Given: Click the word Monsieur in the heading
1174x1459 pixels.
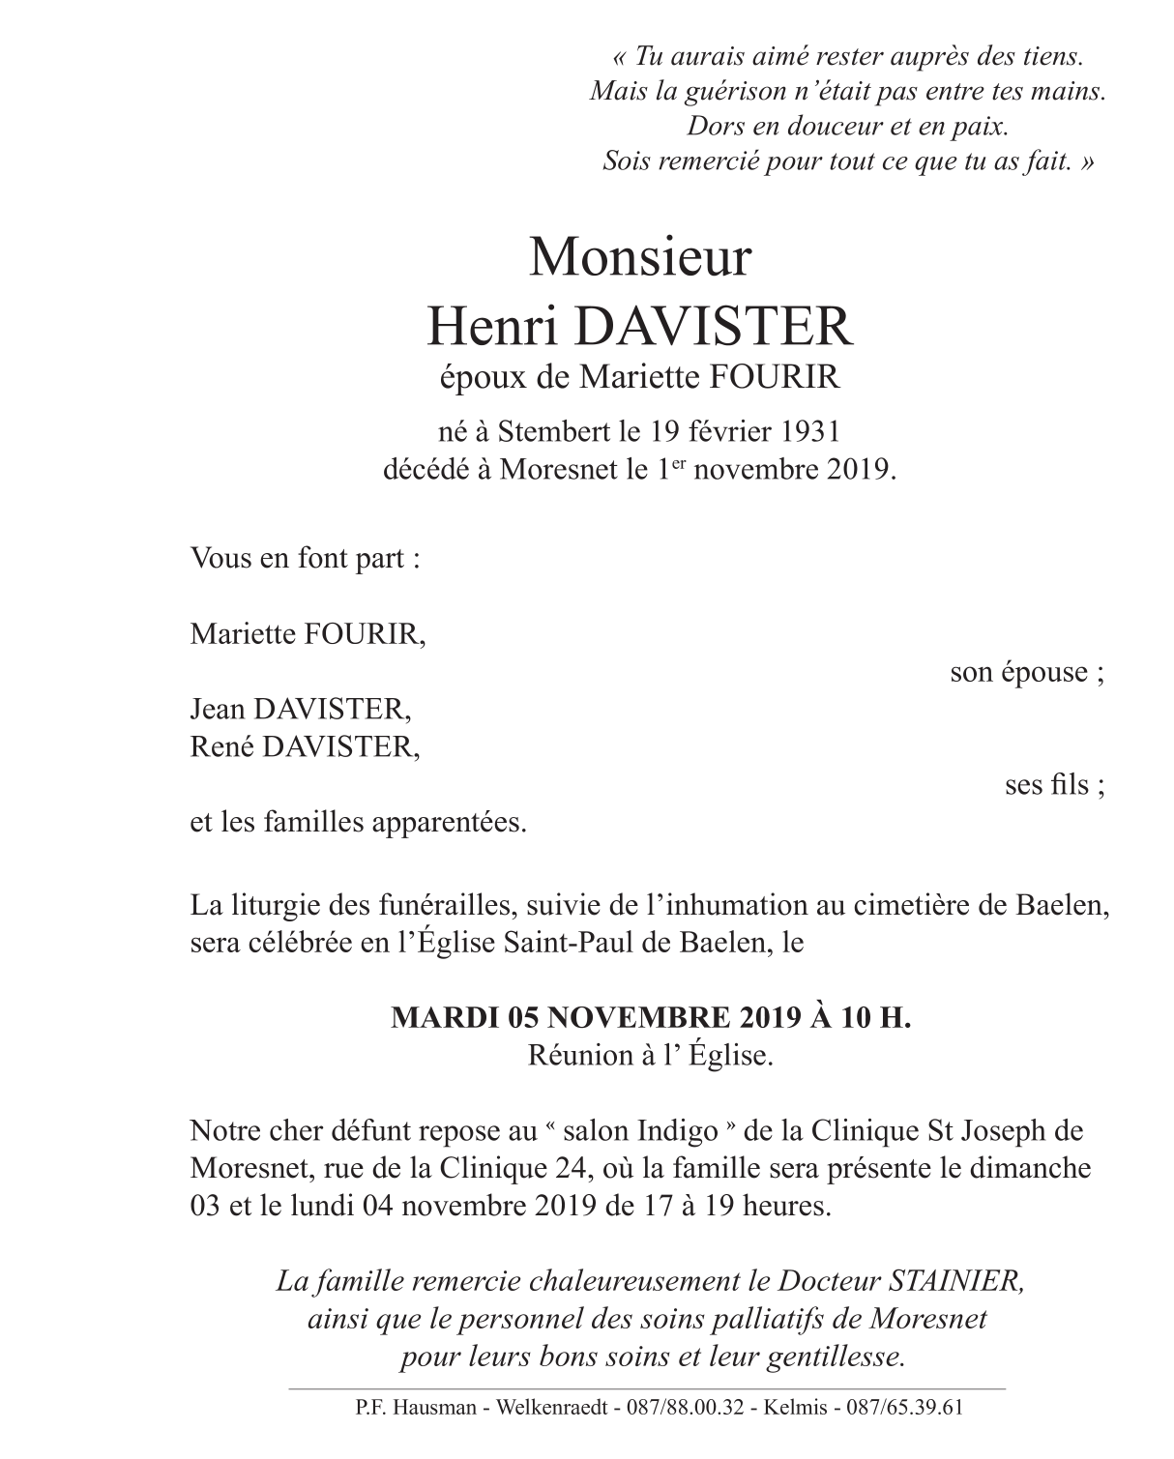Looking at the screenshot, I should tap(640, 258).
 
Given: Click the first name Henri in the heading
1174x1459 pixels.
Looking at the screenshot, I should tap(490, 327).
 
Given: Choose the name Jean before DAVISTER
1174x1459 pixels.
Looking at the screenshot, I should tap(218, 710).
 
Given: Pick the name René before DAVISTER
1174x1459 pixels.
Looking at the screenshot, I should tap(219, 747).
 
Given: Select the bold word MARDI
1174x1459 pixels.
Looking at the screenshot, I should tap(434, 1018).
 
